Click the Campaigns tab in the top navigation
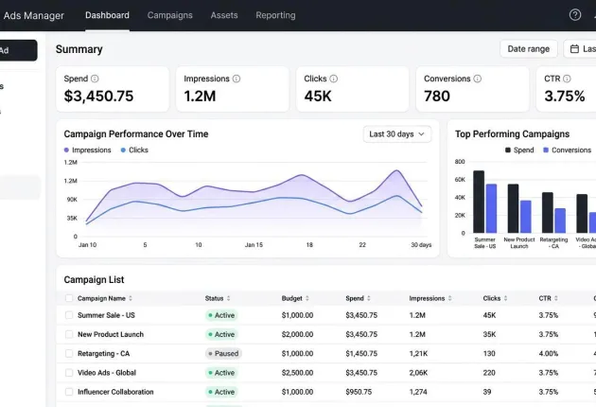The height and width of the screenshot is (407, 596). point(170,15)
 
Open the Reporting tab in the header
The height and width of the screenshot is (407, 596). point(275,15)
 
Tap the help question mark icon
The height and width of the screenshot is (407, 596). point(575,15)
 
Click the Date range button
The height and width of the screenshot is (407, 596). point(528,49)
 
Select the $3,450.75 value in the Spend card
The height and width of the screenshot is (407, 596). point(98,96)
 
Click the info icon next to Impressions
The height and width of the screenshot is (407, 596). point(237,79)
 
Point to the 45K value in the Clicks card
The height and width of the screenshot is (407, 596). point(318,96)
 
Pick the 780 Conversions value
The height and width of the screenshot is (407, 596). point(437,96)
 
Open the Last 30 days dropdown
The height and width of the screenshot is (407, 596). point(396,134)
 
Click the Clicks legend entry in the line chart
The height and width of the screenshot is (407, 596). point(134,150)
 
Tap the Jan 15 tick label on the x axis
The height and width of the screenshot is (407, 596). point(254,245)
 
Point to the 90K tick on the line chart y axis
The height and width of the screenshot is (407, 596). point(72,200)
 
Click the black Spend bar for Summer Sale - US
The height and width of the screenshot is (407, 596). point(479,202)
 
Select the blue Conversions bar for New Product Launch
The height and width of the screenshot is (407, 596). point(526,217)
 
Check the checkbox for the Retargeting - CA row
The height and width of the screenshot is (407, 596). point(69,353)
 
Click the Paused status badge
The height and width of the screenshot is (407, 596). point(223,353)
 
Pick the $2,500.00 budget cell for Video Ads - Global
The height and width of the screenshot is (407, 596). point(297,373)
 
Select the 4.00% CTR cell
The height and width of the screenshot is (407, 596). point(548,353)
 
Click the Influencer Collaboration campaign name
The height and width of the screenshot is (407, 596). point(115,392)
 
